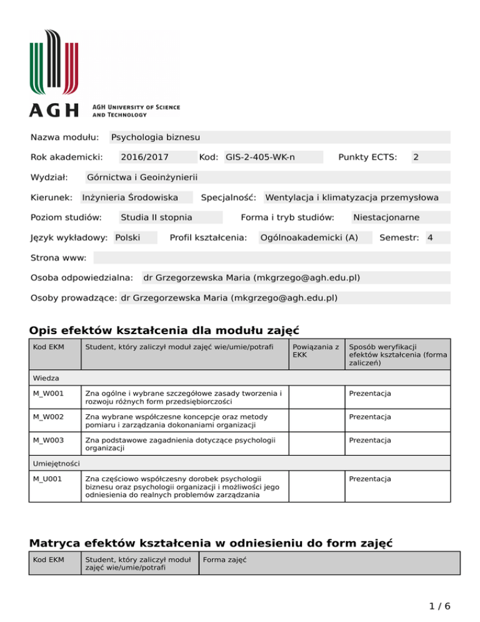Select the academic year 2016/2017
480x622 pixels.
pos(144,158)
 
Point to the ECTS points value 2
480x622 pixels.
pos(416,158)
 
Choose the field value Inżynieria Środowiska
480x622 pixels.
pos(130,198)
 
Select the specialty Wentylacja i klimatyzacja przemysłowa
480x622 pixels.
pos(352,198)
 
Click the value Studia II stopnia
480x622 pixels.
pos(156,218)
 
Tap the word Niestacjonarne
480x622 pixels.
pos(386,218)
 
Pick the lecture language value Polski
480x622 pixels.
pos(127,238)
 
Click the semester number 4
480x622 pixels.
pos(430,238)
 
